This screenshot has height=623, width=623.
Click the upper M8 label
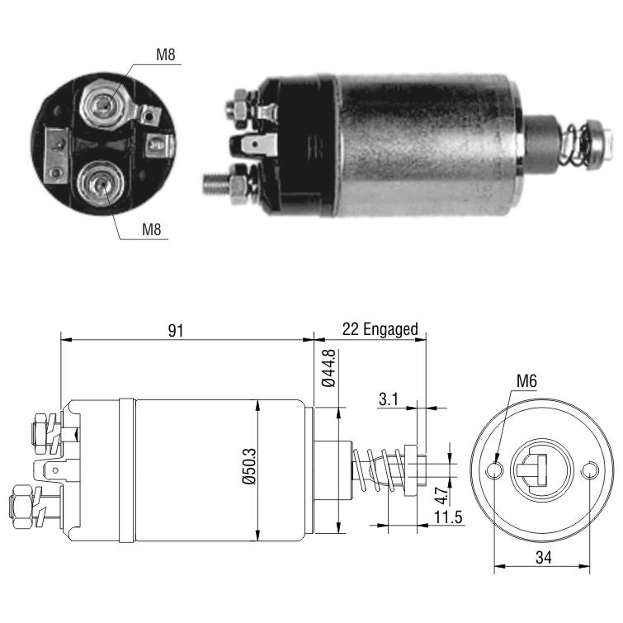pyautogui.click(x=165, y=54)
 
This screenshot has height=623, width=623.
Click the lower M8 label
pyautogui.click(x=151, y=229)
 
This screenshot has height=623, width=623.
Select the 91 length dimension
pyautogui.click(x=175, y=330)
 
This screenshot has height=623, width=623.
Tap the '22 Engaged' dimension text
pyautogui.click(x=380, y=329)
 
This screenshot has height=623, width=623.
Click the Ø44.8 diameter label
pyautogui.click(x=328, y=367)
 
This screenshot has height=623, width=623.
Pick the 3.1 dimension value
pyautogui.click(x=388, y=399)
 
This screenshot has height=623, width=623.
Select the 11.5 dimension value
pyautogui.click(x=448, y=517)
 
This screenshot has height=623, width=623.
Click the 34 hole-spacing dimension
pyautogui.click(x=543, y=558)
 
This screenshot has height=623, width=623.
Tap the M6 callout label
pyautogui.click(x=526, y=381)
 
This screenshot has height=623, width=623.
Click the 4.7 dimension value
pyautogui.click(x=441, y=494)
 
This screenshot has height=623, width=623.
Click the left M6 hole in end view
pyautogui.click(x=494, y=470)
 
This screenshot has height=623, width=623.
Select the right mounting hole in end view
pyautogui.click(x=590, y=470)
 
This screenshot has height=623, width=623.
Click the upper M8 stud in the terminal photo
pyautogui.click(x=104, y=105)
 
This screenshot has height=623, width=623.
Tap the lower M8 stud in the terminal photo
pyautogui.click(x=100, y=183)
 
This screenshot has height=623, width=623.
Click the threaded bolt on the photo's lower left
pyautogui.click(x=217, y=184)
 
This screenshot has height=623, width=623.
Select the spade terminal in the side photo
pyautogui.click(x=255, y=145)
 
